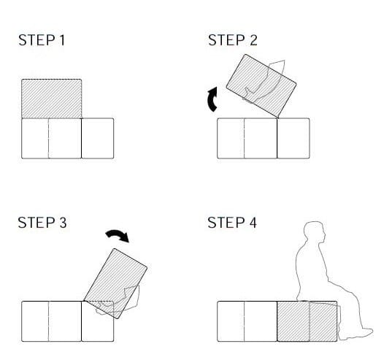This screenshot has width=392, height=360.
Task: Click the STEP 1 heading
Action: (x=42, y=40)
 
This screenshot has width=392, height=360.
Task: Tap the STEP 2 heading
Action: (x=233, y=40)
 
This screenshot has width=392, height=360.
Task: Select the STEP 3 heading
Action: (x=42, y=223)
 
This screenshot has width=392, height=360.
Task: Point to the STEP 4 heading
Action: (x=232, y=223)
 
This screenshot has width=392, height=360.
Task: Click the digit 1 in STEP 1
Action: (x=62, y=40)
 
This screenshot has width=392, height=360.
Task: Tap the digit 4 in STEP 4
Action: (x=253, y=223)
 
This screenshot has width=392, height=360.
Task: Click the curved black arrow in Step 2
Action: (x=212, y=99)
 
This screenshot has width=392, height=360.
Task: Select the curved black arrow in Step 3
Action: (x=118, y=235)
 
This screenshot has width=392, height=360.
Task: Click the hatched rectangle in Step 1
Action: (x=52, y=99)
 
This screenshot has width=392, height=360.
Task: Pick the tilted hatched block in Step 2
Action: (x=261, y=85)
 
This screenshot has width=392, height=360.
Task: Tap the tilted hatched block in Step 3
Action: (x=115, y=283)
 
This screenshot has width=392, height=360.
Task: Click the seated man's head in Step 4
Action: (x=315, y=232)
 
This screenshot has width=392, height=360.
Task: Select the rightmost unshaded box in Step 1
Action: (x=98, y=138)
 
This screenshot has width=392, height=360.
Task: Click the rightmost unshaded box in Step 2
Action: (x=293, y=138)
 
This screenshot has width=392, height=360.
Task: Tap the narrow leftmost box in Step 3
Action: (x=35, y=321)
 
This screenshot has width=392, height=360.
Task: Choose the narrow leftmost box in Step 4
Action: (x=231, y=321)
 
